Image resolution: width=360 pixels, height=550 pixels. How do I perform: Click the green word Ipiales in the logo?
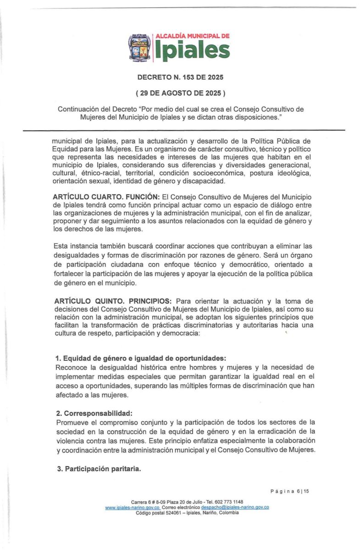coord(191,51)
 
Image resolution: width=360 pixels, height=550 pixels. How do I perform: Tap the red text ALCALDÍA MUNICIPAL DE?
coord(192,35)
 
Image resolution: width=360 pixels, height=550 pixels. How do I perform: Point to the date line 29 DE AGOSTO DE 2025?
coord(180,93)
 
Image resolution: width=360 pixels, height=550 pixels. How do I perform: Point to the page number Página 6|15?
coord(290,491)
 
